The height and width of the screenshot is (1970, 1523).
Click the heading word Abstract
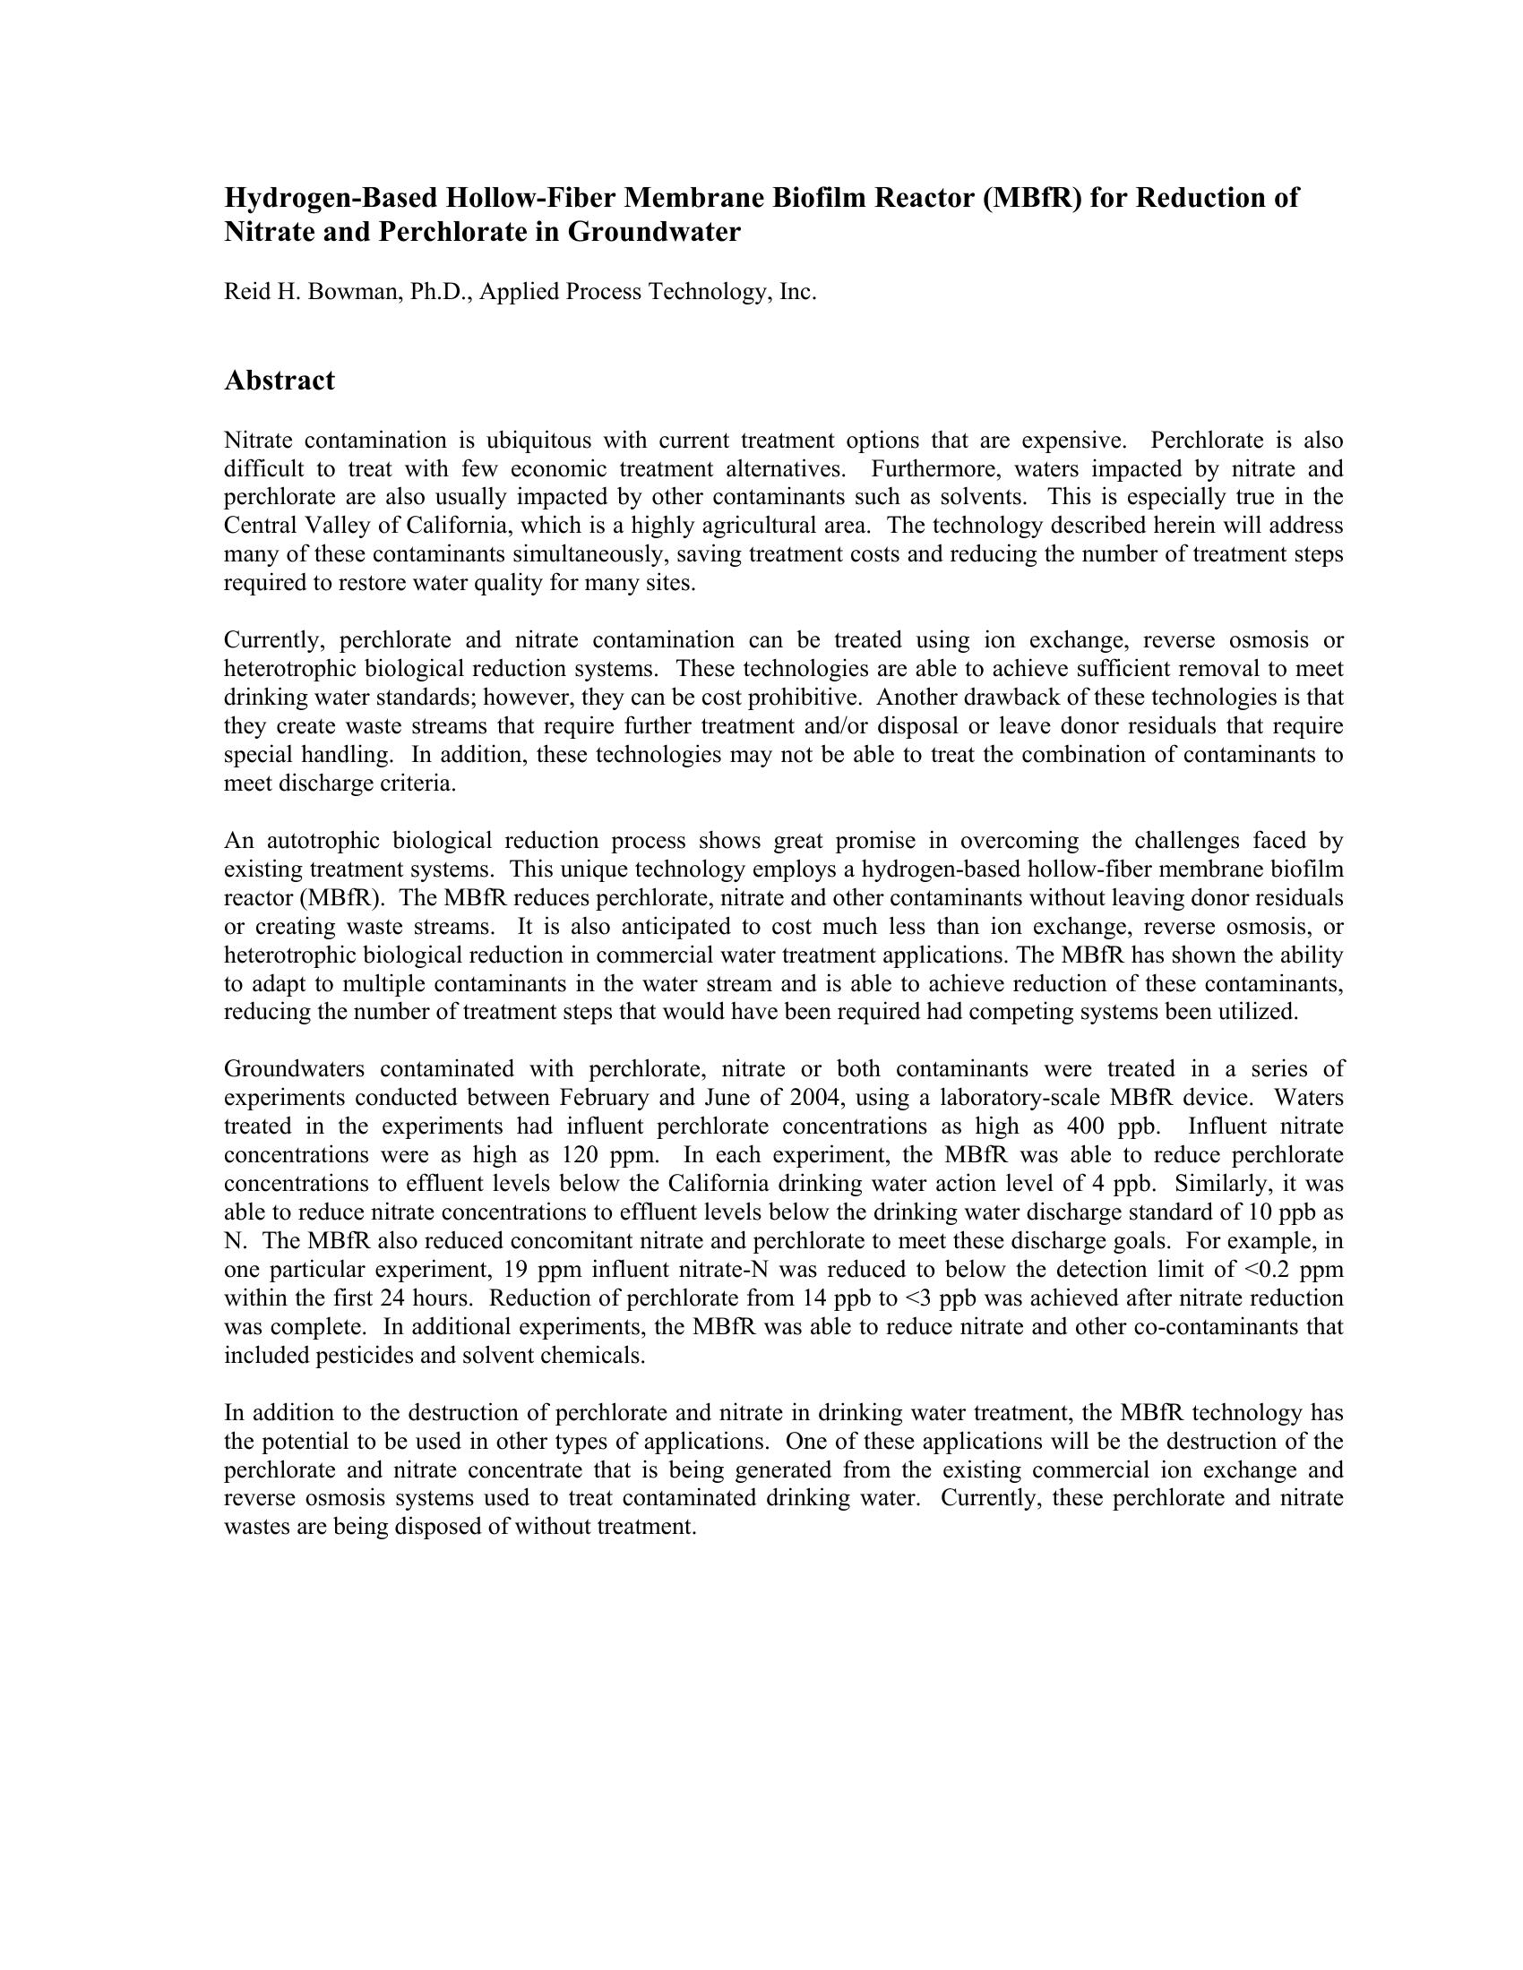click(279, 381)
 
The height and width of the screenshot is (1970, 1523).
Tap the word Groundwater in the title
click(654, 233)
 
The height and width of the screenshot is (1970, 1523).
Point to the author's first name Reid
click(244, 292)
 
